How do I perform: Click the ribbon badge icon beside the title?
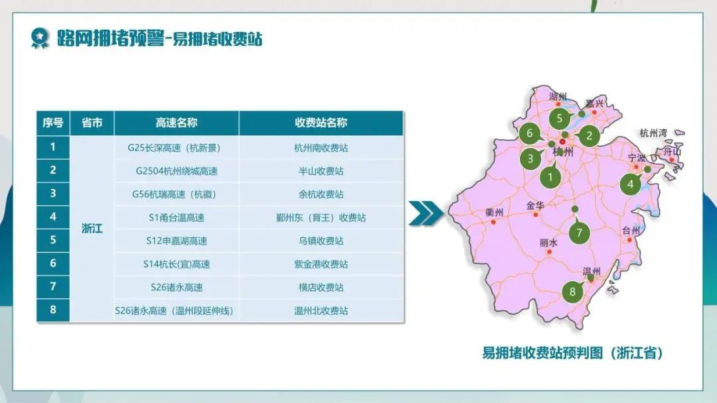39,38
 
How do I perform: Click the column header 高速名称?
177,123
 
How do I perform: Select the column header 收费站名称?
321,123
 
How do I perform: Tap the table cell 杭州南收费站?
321,148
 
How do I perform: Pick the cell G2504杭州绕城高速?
177,171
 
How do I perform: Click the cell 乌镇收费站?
321,241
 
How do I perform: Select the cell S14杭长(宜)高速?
177,264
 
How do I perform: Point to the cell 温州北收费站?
321,311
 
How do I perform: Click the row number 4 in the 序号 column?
53,216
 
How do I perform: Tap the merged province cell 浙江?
92,229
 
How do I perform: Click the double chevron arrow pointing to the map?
426,213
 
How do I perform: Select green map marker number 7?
579,232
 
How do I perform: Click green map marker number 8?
572,291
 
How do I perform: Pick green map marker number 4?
631,184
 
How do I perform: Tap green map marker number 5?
560,119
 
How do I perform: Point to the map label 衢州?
495,212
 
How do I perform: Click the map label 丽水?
548,243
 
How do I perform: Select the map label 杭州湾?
653,133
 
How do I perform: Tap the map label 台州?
631,231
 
